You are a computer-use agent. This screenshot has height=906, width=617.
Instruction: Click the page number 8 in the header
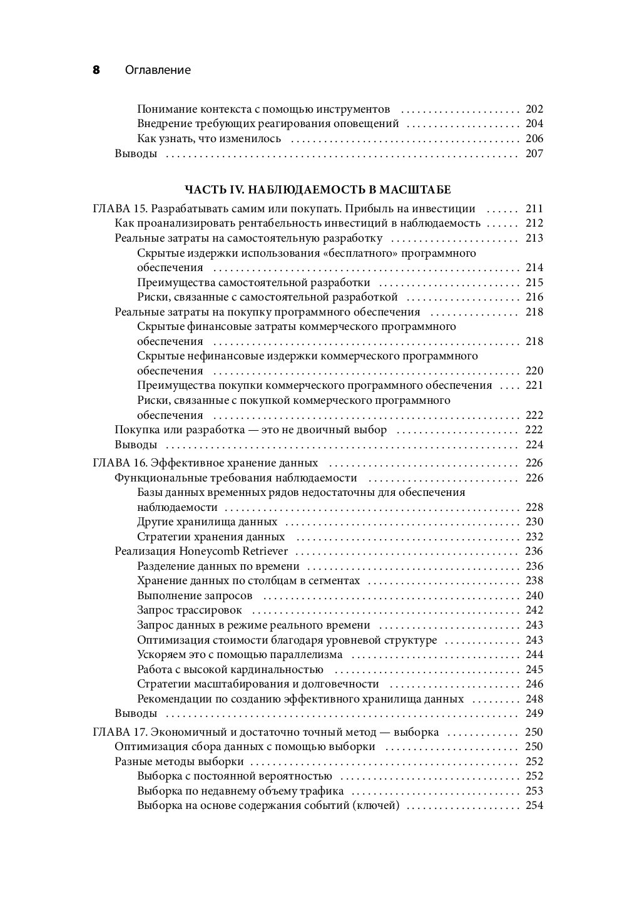96,70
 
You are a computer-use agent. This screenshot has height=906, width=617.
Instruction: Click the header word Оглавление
158,70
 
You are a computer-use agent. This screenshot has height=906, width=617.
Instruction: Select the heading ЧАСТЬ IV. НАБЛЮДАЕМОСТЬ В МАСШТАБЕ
317,189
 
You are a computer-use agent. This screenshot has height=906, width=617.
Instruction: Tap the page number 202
534,109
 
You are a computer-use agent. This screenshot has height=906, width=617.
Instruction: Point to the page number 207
534,153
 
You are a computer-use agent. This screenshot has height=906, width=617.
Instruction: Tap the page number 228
534,507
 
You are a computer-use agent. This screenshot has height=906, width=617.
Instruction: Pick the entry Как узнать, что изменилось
209,138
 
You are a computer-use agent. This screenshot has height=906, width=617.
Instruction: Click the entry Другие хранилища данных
207,522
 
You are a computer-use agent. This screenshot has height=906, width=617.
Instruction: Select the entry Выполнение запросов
195,595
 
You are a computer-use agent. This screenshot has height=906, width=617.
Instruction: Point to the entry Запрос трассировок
189,610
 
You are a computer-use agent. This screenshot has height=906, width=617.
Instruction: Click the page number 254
534,805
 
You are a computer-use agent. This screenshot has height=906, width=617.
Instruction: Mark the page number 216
534,297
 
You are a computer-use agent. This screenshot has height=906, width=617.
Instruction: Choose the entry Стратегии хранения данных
211,537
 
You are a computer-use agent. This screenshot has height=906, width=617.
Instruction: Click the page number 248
534,699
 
